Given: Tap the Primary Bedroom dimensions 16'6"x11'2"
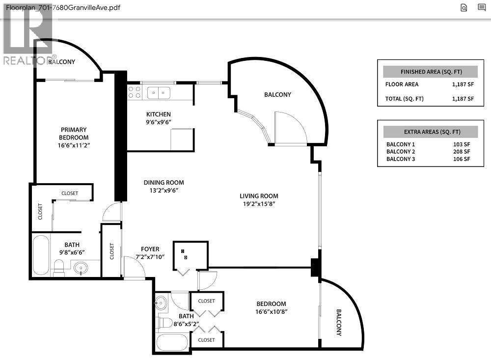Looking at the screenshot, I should click(x=73, y=145).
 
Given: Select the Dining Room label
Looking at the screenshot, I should click(x=164, y=183).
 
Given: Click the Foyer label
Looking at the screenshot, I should click(x=150, y=249).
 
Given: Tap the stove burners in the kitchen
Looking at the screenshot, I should click(x=134, y=92).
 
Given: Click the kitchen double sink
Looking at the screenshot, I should click(x=159, y=92).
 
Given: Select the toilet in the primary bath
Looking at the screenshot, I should click(x=59, y=267).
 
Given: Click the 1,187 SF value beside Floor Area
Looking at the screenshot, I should click(x=463, y=84).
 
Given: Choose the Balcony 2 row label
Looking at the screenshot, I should click(x=401, y=152).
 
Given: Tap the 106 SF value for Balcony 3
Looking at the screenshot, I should click(x=462, y=159).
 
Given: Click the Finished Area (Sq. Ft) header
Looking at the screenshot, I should click(x=430, y=72).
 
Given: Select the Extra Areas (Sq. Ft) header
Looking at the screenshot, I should click(x=430, y=132).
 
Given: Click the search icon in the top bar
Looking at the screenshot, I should click(x=464, y=7).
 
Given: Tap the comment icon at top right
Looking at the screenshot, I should click(x=481, y=7).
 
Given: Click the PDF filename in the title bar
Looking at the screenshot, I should click(x=63, y=7).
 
